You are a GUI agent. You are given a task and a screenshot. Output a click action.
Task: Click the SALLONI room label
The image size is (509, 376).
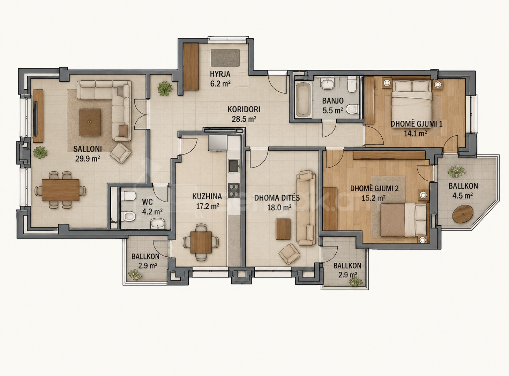tap(88, 149)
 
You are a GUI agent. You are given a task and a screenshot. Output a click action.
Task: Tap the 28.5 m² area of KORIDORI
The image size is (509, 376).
tap(244, 119)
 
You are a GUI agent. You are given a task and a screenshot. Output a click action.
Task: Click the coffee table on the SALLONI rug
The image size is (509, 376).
tap(90, 122)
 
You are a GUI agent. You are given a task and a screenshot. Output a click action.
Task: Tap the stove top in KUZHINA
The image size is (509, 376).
tap(234, 190)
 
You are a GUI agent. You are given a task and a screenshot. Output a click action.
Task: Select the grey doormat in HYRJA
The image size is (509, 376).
tap(225, 58)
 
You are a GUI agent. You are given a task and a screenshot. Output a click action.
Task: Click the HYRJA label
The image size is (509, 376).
tap(220, 74)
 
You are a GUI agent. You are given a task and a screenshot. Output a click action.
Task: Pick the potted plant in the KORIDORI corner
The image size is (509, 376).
tap(165, 89)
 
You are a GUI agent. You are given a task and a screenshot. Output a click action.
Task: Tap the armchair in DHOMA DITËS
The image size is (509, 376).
tap(289, 254)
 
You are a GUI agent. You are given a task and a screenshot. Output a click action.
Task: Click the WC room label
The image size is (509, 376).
tap(147, 202)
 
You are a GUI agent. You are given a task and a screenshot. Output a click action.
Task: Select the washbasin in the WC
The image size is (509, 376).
tap(158, 223)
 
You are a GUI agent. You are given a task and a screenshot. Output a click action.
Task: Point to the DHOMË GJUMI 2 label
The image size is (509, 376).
tap(374, 189)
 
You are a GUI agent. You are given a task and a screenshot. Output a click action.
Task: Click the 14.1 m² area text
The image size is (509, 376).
tap(416, 133)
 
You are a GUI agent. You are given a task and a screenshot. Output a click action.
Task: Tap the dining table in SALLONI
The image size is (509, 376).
tap(61, 190)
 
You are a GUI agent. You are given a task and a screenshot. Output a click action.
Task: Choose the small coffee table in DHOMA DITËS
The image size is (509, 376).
tap(283, 229)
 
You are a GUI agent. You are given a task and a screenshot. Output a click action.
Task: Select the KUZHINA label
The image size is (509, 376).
tap(207, 196)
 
